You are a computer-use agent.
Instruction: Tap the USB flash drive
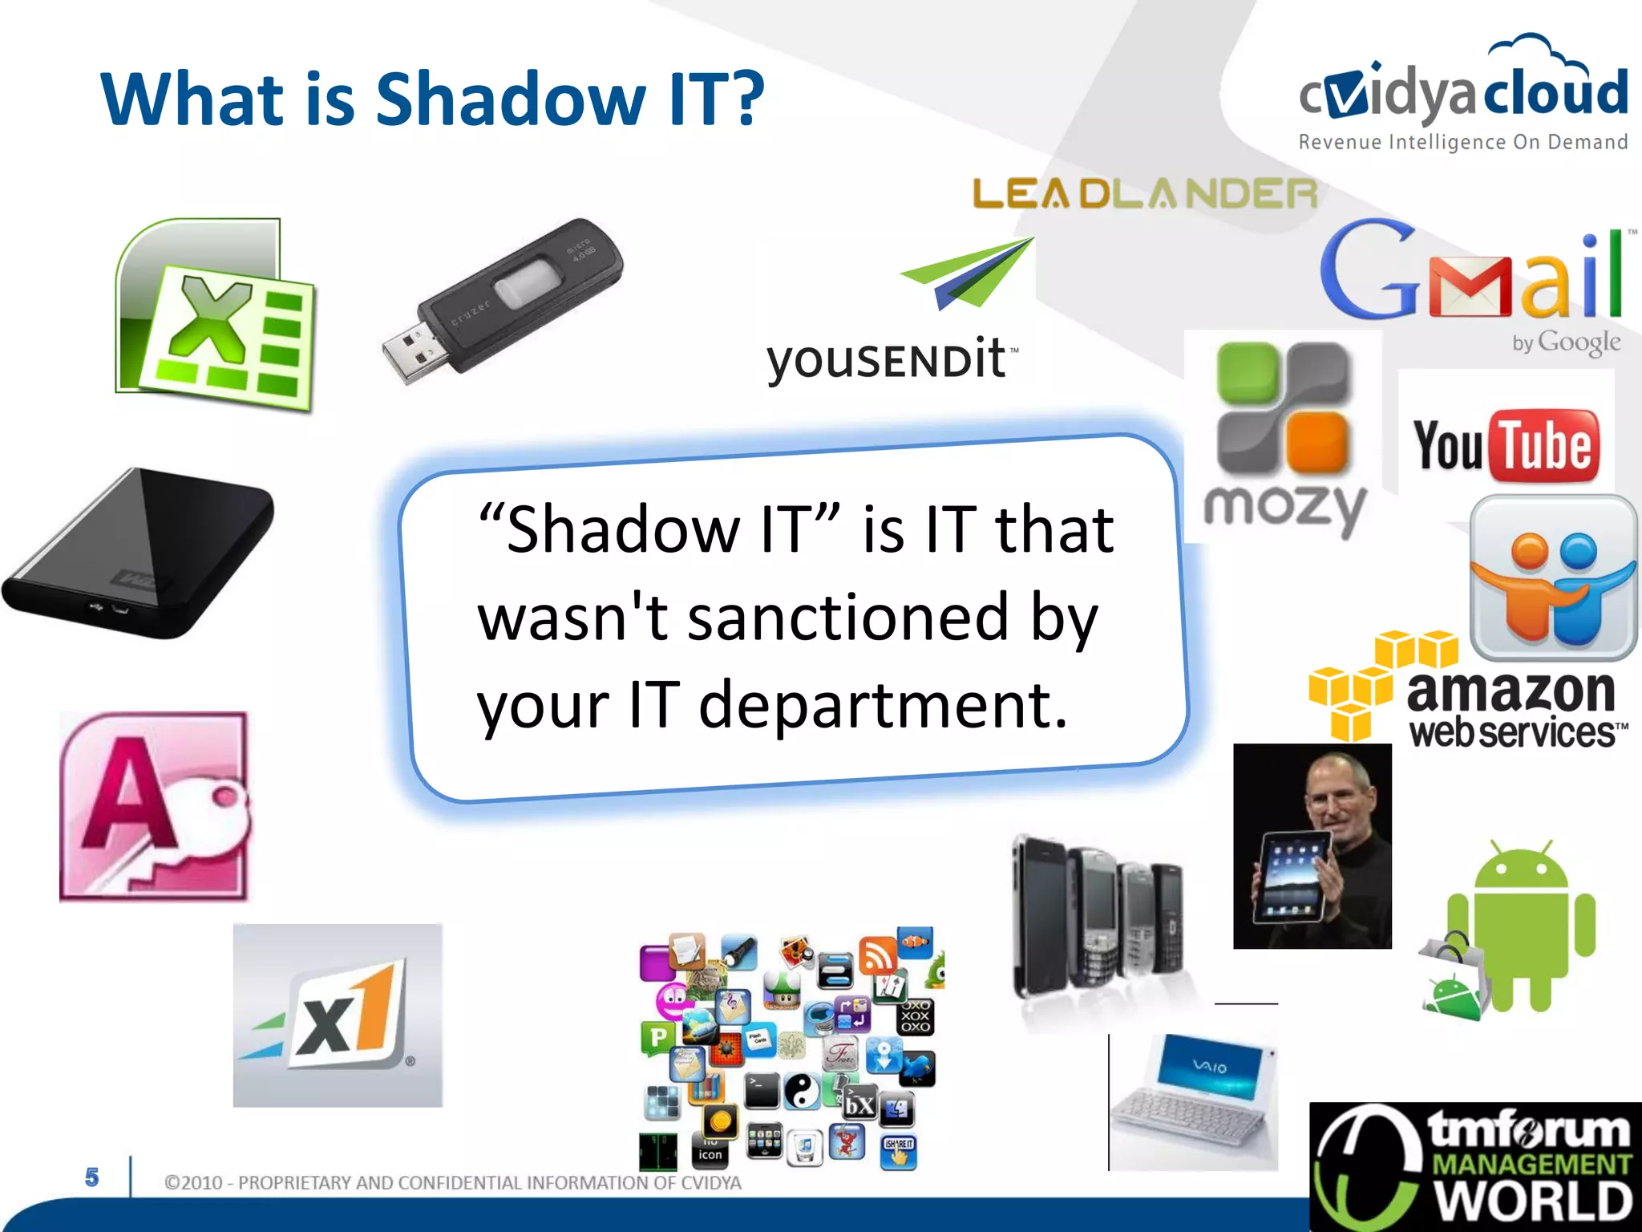click(x=501, y=301)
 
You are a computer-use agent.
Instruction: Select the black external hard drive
click(x=140, y=553)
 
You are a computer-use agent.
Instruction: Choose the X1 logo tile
click(x=338, y=1015)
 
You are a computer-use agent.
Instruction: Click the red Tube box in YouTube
click(x=1543, y=445)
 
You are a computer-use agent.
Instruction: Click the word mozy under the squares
click(x=1284, y=507)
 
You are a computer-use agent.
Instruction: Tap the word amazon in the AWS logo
click(x=1511, y=691)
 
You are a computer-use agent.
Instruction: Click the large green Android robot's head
click(x=1521, y=870)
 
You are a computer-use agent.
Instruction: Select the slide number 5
click(x=92, y=1177)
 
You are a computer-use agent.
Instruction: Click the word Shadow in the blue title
click(x=511, y=99)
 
